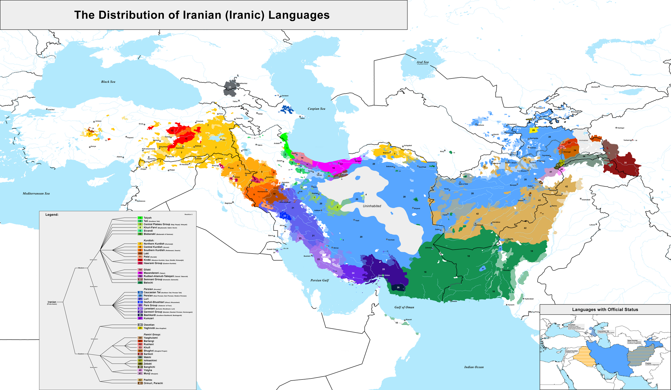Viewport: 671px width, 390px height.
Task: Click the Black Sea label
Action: pyautogui.click(x=108, y=82)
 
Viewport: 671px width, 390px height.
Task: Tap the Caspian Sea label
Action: pyautogui.click(x=316, y=109)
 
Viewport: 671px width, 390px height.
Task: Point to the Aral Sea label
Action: pyautogui.click(x=423, y=62)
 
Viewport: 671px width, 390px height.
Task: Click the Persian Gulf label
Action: pyautogui.click(x=320, y=280)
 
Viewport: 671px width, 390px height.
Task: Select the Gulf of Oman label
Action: pyautogui.click(x=404, y=307)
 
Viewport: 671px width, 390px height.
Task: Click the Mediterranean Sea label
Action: pyautogui.click(x=36, y=193)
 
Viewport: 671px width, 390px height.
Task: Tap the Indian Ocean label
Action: pyautogui.click(x=474, y=367)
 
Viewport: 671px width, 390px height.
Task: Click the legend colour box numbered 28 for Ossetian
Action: pyautogui.click(x=140, y=325)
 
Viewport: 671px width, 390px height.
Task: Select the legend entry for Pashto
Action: pyautogui.click(x=148, y=380)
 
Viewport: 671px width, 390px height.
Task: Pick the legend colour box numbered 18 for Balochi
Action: pyautogui.click(x=140, y=283)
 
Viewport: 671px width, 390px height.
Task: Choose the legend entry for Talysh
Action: pyautogui.click(x=148, y=218)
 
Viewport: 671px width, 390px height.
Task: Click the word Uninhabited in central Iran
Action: pyautogui.click(x=372, y=206)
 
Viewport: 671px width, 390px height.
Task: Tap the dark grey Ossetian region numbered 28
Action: pyautogui.click(x=230, y=87)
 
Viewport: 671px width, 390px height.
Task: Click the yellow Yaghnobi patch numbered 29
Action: pyautogui.click(x=533, y=130)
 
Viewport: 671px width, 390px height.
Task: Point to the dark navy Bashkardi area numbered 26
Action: pyautogui.click(x=398, y=287)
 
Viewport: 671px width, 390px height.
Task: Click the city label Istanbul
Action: pyautogui.click(x=51, y=109)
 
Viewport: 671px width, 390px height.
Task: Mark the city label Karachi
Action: pyautogui.click(x=511, y=305)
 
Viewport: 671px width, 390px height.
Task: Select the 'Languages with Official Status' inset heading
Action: pyautogui.click(x=605, y=309)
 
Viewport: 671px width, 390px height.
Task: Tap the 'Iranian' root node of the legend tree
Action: pyautogui.click(x=52, y=302)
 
